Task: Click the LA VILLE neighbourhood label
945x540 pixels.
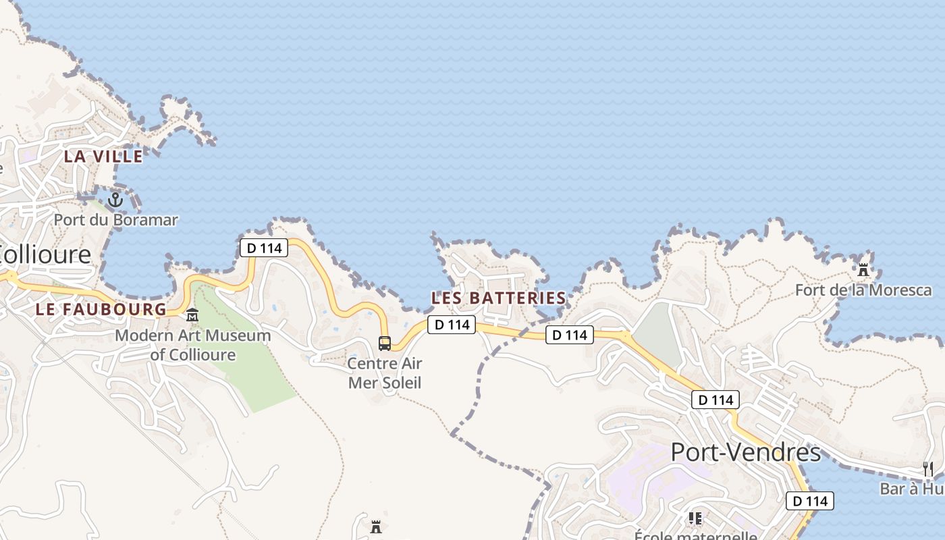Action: pos(103,157)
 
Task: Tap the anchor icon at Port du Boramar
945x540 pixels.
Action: pos(115,200)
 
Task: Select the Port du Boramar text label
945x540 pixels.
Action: pos(115,220)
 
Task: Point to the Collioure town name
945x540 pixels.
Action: pos(45,254)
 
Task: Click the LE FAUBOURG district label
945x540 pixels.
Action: pos(101,310)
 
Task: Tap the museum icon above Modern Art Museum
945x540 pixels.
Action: pos(192,315)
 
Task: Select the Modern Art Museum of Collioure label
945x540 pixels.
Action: pos(193,345)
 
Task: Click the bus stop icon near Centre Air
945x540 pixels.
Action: pos(385,343)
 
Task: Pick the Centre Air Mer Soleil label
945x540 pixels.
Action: pos(385,373)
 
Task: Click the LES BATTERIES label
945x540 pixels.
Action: pos(499,298)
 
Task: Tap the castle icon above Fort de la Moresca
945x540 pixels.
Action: pos(863,269)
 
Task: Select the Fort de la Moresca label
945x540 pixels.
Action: pos(863,290)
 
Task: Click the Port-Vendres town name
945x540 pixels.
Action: pos(745,452)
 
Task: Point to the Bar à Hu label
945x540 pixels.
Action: pos(911,489)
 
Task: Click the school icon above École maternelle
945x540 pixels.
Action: pos(695,518)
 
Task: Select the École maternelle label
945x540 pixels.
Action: pos(695,536)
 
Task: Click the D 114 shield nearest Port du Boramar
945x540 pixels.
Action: pos(264,248)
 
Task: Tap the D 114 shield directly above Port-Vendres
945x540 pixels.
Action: pos(715,400)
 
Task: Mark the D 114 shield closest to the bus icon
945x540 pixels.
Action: pos(452,325)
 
